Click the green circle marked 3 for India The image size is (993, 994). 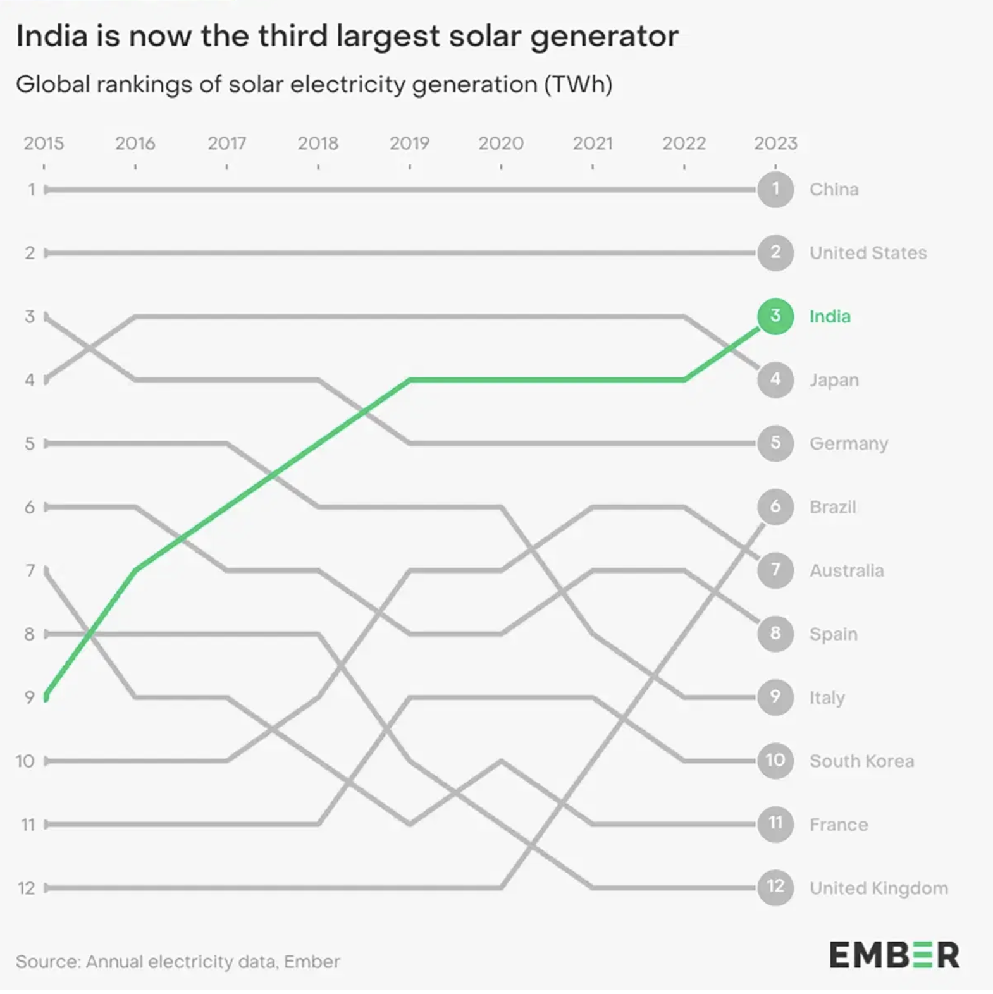coord(775,316)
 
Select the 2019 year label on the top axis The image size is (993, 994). coord(409,144)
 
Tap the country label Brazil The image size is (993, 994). coord(832,507)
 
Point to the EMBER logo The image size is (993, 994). coord(894,954)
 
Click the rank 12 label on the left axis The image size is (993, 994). coord(26,888)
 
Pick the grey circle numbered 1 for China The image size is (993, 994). coord(775,189)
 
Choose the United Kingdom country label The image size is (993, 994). coord(879,888)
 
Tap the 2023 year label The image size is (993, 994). coord(775,144)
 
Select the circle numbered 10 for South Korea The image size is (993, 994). coord(775,760)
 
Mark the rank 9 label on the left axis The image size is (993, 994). coord(29,697)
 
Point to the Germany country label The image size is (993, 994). coord(849,443)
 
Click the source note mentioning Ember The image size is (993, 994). coord(178,962)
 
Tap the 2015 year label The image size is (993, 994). coord(44,144)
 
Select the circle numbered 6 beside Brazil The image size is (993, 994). coord(775,506)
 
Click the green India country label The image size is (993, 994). coord(830,316)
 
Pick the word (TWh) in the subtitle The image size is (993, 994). coord(578,84)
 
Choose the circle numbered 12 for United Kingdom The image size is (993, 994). coord(775,887)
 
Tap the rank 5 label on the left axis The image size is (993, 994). coord(30,443)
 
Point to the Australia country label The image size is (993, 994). coord(846,570)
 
